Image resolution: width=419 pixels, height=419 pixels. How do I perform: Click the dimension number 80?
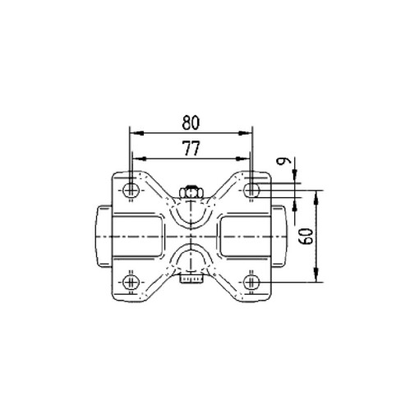pyautogui.click(x=191, y=122)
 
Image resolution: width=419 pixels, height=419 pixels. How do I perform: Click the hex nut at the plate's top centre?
pyautogui.click(x=191, y=192)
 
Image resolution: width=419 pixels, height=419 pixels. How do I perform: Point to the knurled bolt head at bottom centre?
pyautogui.click(x=191, y=280)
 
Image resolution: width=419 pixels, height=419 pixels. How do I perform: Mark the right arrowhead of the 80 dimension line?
pyautogui.click(x=247, y=132)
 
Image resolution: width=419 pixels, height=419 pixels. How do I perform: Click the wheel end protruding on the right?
pyautogui.click(x=280, y=236)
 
